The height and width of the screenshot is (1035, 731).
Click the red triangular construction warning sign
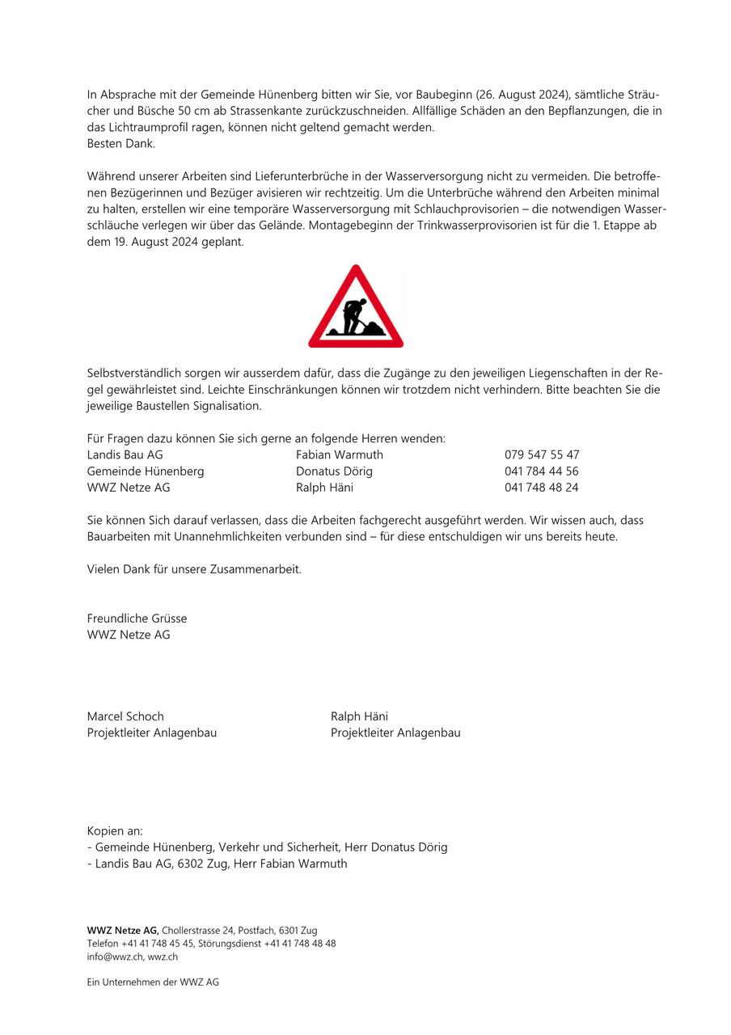pyautogui.click(x=356, y=308)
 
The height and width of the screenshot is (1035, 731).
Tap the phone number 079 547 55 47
pyautogui.click(x=542, y=454)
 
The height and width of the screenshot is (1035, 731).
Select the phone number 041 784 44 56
pyautogui.click(x=542, y=471)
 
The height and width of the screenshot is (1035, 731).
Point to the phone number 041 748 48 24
pyautogui.click(x=542, y=488)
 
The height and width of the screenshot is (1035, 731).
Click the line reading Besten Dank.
pyautogui.click(x=121, y=143)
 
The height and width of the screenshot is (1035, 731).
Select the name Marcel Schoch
pyautogui.click(x=125, y=716)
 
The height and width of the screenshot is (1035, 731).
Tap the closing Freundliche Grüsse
pyautogui.click(x=137, y=618)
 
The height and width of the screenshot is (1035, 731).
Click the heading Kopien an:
pyautogui.click(x=115, y=830)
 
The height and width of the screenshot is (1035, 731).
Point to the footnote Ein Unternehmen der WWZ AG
pyautogui.click(x=153, y=982)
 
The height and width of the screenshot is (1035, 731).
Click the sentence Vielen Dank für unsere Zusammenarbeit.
pyautogui.click(x=194, y=569)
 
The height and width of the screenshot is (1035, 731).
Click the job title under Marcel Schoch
pyautogui.click(x=152, y=733)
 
